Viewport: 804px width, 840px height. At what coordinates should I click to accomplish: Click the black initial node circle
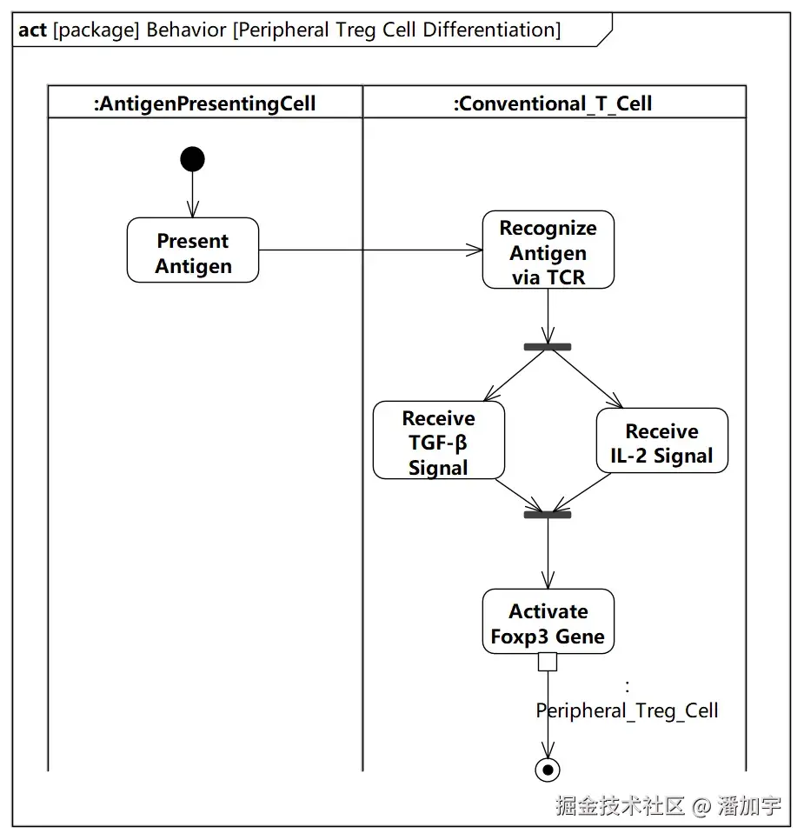point(192,159)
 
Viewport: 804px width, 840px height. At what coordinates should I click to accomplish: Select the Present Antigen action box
point(193,250)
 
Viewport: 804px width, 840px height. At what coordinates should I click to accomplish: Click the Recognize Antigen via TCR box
point(548,250)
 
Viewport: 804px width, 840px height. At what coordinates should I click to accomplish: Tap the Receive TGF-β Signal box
point(439,440)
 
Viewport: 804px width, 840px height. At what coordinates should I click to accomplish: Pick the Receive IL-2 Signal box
point(662,440)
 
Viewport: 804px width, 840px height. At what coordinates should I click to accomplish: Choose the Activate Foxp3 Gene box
point(548,622)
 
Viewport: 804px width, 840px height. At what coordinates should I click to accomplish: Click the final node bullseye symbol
point(548,770)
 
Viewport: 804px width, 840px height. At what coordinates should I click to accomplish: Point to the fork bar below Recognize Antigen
point(548,347)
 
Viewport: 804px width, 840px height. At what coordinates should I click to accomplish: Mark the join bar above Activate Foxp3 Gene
point(548,515)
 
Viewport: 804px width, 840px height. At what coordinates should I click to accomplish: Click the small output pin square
point(548,662)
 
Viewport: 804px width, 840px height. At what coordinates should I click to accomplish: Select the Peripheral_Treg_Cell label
point(627,710)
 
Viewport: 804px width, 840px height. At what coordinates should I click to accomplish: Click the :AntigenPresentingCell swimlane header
point(205,103)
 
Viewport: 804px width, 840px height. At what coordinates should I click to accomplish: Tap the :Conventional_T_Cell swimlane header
point(554,103)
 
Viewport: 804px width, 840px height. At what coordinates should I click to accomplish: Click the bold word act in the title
point(33,30)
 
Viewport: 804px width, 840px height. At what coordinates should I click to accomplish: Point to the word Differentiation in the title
point(492,30)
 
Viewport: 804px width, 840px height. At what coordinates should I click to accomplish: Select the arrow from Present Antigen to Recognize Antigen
point(370,250)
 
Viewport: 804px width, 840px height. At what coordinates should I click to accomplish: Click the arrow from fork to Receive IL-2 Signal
point(586,379)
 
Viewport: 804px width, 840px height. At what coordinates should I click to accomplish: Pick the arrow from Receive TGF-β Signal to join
point(519,496)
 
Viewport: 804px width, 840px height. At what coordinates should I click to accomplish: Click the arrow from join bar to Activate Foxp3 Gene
point(548,553)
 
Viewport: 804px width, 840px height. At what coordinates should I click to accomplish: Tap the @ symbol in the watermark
point(701,806)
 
